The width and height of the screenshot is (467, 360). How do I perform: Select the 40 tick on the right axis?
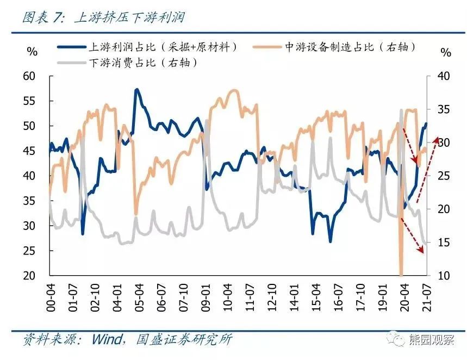pos(445,76)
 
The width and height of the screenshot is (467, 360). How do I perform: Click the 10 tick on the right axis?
pos(445,275)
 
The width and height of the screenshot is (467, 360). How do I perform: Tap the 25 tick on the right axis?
pos(445,176)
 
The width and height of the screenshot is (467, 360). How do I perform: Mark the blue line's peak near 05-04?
pos(136,89)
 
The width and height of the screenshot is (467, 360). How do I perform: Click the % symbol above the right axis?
pos(446,53)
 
